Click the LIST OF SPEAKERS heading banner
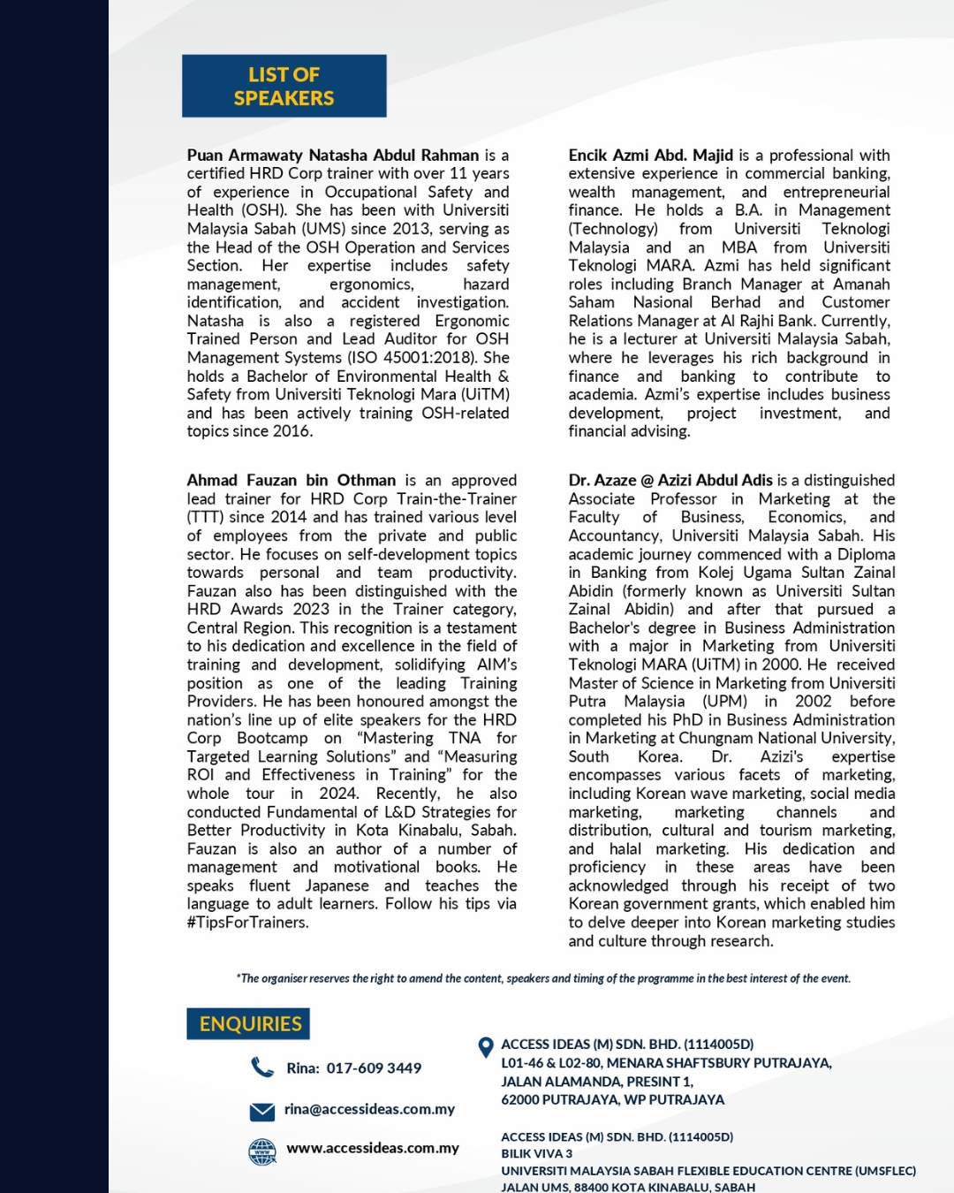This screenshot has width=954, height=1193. [284, 86]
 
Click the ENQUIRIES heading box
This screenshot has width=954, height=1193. [248, 1023]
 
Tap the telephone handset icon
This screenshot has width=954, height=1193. [262, 1068]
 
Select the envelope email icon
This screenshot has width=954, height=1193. [262, 1111]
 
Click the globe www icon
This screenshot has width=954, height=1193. [262, 1151]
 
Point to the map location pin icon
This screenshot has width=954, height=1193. [485, 1047]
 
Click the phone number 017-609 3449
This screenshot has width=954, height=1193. [374, 1068]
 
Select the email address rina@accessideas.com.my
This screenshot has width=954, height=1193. [369, 1109]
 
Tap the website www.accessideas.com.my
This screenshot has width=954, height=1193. [372, 1148]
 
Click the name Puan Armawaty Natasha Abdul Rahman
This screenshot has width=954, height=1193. [333, 156]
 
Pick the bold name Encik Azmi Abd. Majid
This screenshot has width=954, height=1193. [650, 156]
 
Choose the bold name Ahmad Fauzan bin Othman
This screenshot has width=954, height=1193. [291, 481]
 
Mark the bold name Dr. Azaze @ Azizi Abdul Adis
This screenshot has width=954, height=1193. [670, 481]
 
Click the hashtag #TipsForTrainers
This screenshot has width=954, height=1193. [247, 923]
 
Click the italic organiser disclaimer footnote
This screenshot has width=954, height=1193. [543, 978]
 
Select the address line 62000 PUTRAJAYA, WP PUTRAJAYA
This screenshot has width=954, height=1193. [612, 1100]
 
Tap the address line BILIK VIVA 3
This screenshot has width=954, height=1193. [536, 1153]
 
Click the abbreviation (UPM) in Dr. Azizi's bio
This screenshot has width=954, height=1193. [724, 702]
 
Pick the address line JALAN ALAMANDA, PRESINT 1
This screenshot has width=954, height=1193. [596, 1082]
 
